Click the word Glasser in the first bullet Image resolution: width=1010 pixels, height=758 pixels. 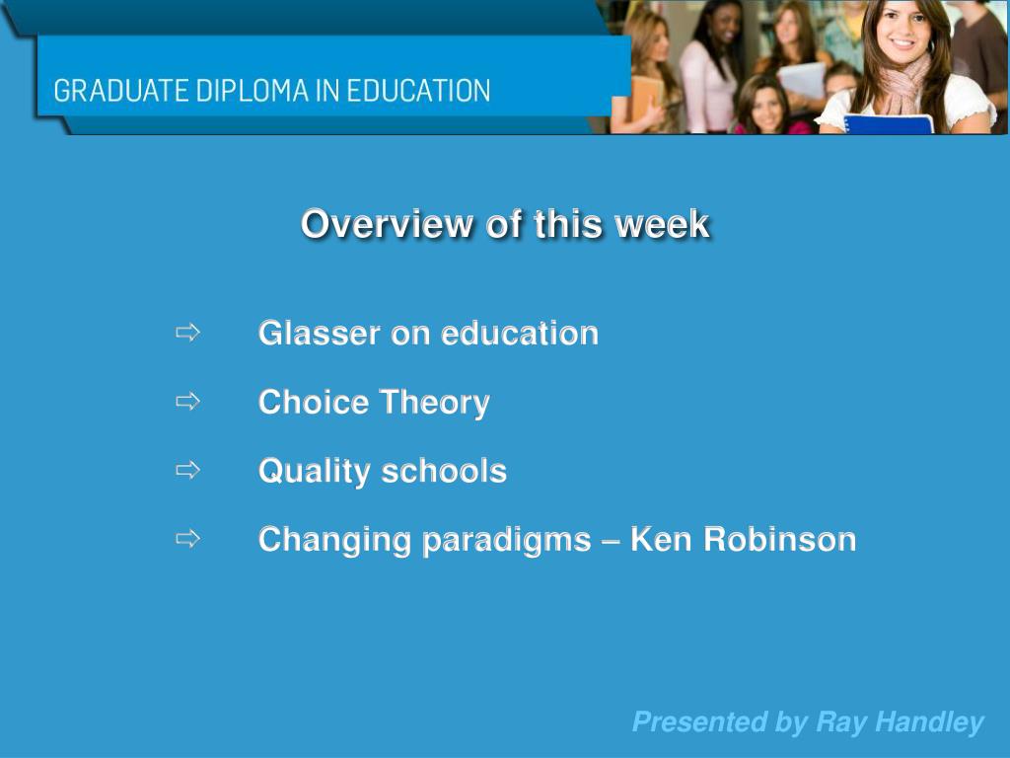(319, 334)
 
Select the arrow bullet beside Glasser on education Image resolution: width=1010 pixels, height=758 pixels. (187, 333)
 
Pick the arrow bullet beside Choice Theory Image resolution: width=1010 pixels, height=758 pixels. (187, 402)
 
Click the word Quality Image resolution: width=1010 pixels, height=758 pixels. (314, 472)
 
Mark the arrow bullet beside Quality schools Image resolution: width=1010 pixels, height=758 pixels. (187, 470)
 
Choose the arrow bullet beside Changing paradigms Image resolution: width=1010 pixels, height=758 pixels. (187, 539)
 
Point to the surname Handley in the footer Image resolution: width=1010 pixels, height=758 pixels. (930, 722)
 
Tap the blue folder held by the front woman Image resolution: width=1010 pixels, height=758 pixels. (888, 124)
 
